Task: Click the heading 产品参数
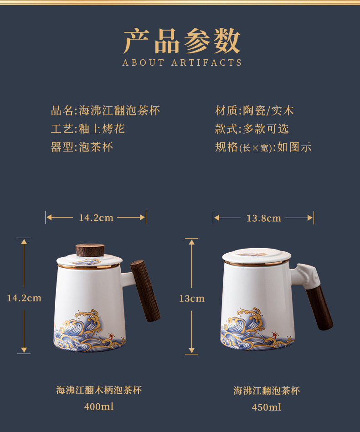(182, 41)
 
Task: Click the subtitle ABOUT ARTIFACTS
(182, 62)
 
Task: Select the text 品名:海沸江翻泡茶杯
(105, 110)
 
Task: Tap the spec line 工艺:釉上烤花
(88, 129)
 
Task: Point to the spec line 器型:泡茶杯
(82, 147)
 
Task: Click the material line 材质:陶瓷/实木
(254, 110)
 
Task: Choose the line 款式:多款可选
(252, 129)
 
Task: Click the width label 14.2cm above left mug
(96, 218)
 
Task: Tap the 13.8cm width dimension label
(264, 218)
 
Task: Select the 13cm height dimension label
(192, 298)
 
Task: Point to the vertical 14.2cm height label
(24, 298)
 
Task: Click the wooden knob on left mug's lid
(90, 250)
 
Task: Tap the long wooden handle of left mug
(145, 291)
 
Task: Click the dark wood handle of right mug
(319, 308)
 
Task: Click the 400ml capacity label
(99, 406)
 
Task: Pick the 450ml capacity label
(267, 407)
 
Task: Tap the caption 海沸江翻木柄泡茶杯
(99, 390)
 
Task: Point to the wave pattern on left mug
(88, 332)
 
